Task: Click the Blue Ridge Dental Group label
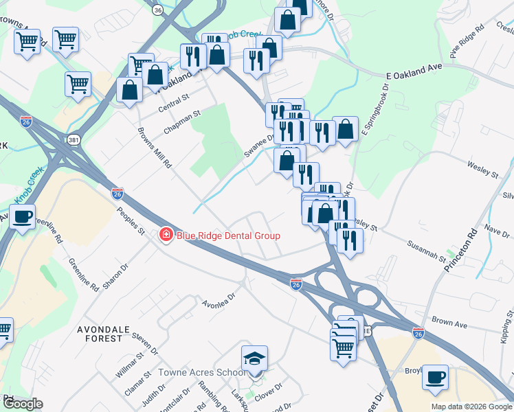(x=228, y=236)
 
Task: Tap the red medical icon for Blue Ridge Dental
(x=166, y=236)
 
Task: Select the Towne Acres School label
(x=201, y=373)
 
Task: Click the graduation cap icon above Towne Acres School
(x=254, y=359)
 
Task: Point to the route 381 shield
(x=74, y=140)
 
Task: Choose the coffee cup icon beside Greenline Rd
(x=23, y=217)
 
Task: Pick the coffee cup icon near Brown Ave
(x=435, y=377)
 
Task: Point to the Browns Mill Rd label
(x=154, y=148)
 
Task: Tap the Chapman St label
(x=181, y=122)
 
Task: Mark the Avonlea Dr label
(x=219, y=300)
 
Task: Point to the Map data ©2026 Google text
(x=471, y=407)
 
